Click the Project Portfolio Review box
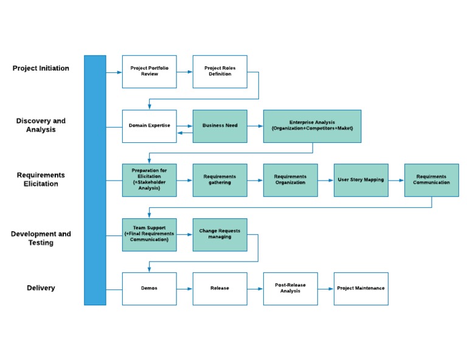[149, 72]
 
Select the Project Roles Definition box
[220, 72]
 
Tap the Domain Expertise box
[149, 126]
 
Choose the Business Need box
[220, 126]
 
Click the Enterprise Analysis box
[312, 126]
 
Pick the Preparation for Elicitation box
[149, 180]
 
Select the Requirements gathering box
[220, 180]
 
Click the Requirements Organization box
[290, 180]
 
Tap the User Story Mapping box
[361, 180]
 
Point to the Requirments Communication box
[431, 180]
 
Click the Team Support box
[149, 235]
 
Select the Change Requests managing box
[220, 235]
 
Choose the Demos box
[149, 288]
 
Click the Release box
[220, 288]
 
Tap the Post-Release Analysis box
[290, 288]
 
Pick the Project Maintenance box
[361, 288]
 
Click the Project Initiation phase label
[41, 69]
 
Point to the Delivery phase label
[41, 288]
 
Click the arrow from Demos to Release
[185, 288]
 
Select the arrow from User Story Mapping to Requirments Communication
[396, 180]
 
